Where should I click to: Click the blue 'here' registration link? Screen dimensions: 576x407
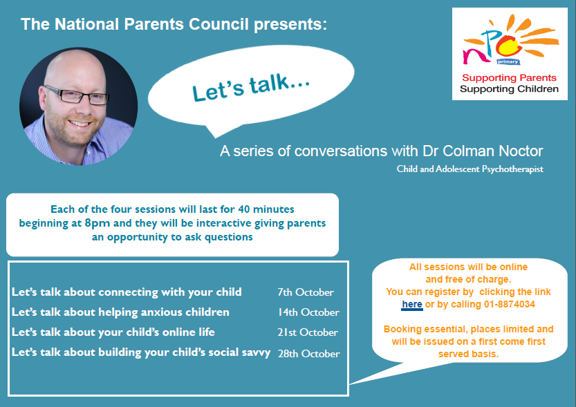click(412, 304)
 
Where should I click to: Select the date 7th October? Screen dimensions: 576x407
click(306, 292)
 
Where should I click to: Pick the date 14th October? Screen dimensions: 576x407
click(308, 312)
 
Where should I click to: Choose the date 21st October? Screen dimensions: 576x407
click(308, 332)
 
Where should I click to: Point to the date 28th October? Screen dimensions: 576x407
click(308, 353)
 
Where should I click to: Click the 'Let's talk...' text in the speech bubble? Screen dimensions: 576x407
click(251, 87)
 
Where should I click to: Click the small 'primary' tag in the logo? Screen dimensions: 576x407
click(508, 61)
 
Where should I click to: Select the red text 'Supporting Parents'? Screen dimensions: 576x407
click(509, 78)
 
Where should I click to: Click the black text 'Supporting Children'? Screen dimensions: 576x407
click(509, 89)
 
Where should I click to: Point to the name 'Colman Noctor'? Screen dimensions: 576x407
click(492, 151)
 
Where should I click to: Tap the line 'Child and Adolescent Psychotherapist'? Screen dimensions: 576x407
click(470, 169)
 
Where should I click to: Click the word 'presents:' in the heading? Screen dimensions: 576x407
click(290, 25)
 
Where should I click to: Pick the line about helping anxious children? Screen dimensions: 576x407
click(120, 312)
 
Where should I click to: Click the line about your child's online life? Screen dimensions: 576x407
click(113, 332)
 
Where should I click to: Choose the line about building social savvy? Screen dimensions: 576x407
click(141, 352)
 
